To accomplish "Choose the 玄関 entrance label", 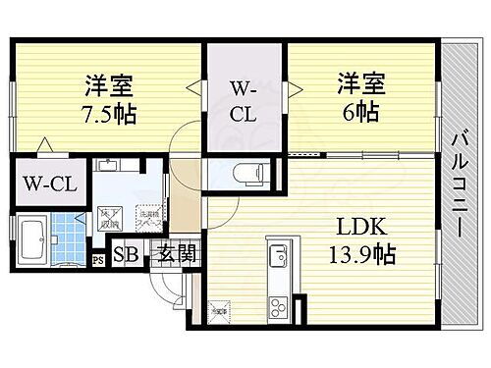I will pyautogui.click(x=178, y=254).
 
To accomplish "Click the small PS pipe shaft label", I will pyautogui.click(x=97, y=261).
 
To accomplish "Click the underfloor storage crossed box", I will pyautogui.click(x=108, y=215).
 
